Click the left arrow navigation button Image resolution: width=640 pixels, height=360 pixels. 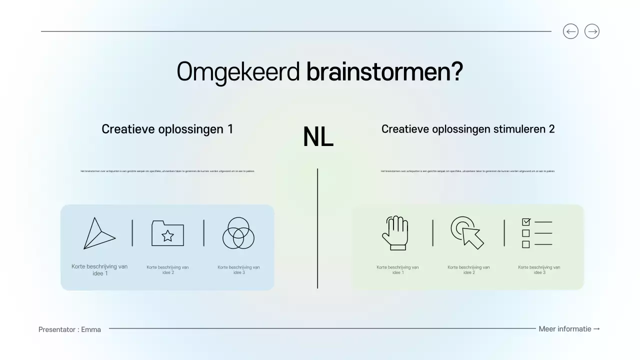(x=570, y=31)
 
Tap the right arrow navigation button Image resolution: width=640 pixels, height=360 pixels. (x=592, y=31)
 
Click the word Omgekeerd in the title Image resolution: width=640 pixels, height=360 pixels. (x=238, y=72)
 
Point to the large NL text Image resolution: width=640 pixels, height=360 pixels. (x=318, y=137)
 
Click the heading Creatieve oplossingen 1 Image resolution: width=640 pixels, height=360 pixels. (x=167, y=129)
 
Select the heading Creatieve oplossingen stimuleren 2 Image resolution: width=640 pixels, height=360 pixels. (x=468, y=129)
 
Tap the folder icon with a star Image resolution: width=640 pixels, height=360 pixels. (x=167, y=233)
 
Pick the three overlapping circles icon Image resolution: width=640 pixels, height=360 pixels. (x=238, y=233)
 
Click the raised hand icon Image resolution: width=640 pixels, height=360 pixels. (x=395, y=233)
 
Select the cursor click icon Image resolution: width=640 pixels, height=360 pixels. (x=467, y=232)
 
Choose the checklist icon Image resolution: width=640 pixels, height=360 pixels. (x=537, y=233)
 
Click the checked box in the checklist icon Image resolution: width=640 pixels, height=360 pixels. (x=526, y=221)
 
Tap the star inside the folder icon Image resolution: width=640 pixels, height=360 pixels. (x=168, y=235)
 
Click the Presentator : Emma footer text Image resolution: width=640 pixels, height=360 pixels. (x=69, y=329)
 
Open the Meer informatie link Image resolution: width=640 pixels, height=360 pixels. (x=569, y=329)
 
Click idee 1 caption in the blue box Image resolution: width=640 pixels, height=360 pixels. (x=99, y=270)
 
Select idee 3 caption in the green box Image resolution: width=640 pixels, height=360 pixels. (x=539, y=270)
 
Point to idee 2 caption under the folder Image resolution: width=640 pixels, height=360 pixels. (x=167, y=270)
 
